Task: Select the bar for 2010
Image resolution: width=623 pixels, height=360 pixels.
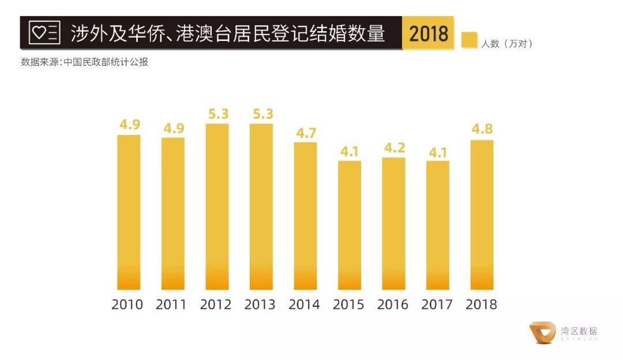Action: pos(129,212)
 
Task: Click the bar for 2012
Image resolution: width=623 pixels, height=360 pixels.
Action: pos(217,206)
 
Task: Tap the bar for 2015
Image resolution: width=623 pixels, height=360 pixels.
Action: pos(350,224)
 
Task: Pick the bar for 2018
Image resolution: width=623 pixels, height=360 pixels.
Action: pos(482,214)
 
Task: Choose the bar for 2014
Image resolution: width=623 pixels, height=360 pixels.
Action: pos(305,215)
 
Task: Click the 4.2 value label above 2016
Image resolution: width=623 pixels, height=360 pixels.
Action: pos(393,148)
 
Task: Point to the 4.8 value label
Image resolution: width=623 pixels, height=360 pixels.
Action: pos(482,129)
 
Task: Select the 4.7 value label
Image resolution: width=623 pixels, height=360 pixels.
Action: pos(305,132)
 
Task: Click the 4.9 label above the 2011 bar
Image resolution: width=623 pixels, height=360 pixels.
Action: pos(173,128)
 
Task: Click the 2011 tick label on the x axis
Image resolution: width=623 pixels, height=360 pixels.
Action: pos(171,305)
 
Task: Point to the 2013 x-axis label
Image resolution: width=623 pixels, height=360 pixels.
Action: pos(260,305)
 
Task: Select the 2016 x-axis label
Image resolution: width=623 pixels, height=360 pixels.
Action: pos(392,305)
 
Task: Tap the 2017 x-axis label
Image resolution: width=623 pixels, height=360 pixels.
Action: pos(437,305)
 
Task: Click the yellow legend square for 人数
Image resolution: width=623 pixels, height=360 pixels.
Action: pos(469,41)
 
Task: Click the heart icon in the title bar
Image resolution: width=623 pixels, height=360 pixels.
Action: pos(39,33)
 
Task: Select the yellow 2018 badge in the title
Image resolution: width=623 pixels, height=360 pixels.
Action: pos(428,33)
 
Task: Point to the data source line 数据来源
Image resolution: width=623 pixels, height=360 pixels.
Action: pos(84,62)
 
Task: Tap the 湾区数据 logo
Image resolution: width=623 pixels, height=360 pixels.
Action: pos(563,332)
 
